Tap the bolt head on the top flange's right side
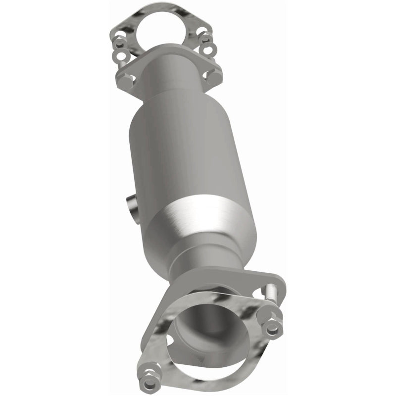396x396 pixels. pyautogui.click(x=213, y=76)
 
